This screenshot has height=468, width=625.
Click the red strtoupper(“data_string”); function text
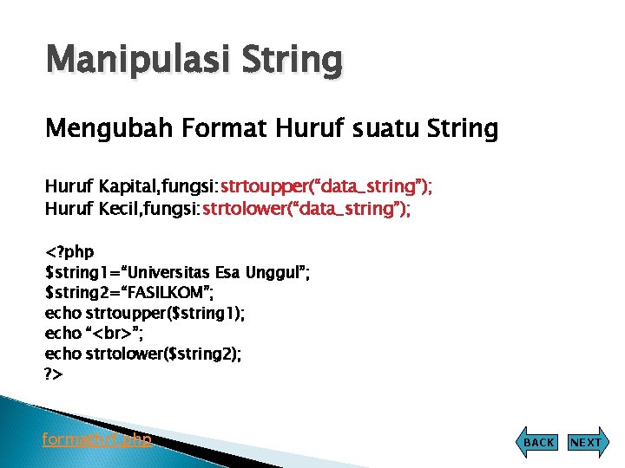tap(326, 187)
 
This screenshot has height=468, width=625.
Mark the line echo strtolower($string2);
tap(143, 354)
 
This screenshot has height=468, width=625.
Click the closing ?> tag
tap(54, 374)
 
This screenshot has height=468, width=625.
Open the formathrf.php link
tap(97, 439)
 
